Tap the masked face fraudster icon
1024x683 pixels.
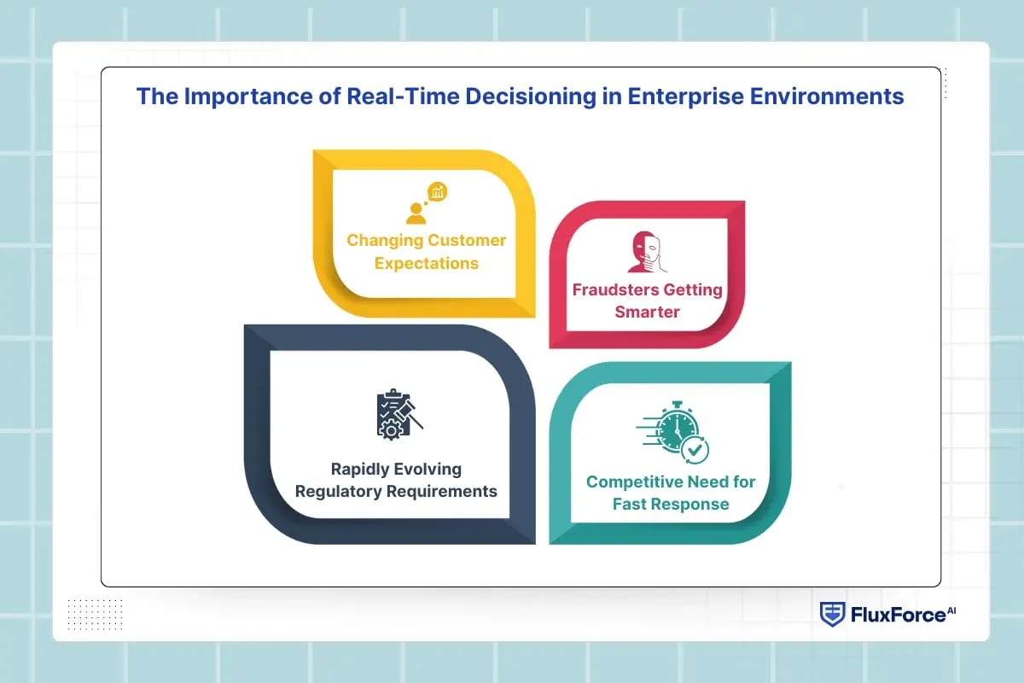point(647,253)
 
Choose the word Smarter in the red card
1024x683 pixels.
point(648,312)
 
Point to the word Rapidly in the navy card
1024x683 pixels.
point(360,469)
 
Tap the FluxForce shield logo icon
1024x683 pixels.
point(832,614)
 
